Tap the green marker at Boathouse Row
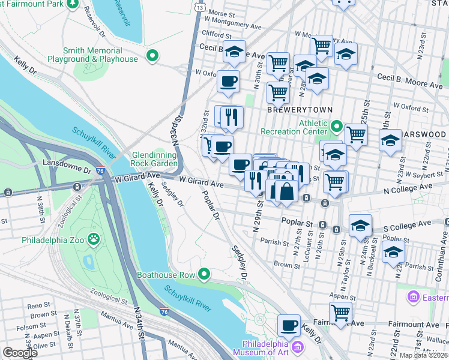click(x=204, y=275)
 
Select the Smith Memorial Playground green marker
click(x=152, y=57)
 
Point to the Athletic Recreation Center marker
click(x=336, y=127)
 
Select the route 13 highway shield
click(x=199, y=5)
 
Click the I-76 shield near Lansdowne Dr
click(x=100, y=171)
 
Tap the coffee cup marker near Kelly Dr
click(x=288, y=326)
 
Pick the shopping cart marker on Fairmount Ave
click(x=340, y=313)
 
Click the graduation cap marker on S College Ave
click(x=360, y=226)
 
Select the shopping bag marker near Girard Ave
click(x=286, y=191)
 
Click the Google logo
click(x=20, y=353)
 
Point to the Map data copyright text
click(x=423, y=355)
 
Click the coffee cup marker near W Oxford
click(x=228, y=82)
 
